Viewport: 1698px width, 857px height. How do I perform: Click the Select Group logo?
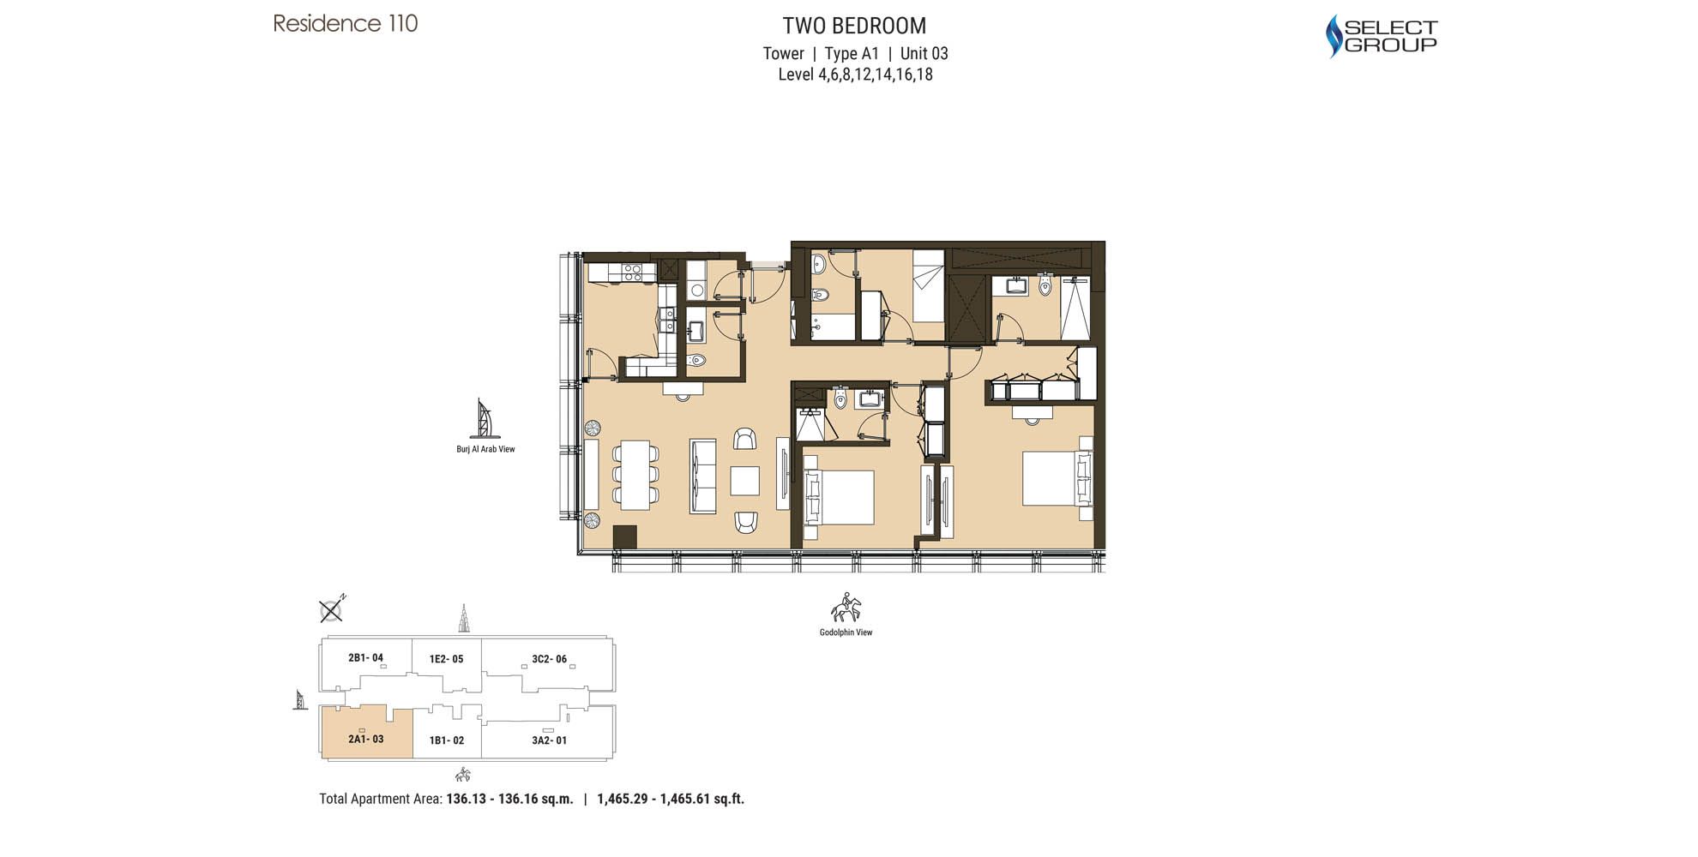(x=1381, y=36)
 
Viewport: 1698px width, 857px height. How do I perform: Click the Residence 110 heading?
(x=346, y=23)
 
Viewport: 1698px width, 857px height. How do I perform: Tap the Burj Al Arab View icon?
(x=485, y=418)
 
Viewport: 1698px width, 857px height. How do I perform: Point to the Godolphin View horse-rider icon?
(x=846, y=608)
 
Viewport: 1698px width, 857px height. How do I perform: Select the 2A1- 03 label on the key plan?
(x=366, y=739)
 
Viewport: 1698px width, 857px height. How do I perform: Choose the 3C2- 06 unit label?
(x=549, y=659)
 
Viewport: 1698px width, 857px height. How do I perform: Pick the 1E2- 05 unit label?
(x=446, y=659)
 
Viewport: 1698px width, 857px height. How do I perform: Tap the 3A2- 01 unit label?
(x=549, y=740)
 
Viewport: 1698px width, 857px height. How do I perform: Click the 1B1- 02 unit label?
(x=447, y=740)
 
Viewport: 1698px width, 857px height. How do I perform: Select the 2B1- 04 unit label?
(x=365, y=658)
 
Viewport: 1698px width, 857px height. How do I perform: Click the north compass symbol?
(x=332, y=609)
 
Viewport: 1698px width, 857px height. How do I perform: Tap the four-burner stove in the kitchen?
(x=633, y=273)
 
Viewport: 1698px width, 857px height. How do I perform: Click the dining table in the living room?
(x=635, y=474)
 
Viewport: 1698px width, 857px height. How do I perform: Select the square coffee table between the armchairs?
(x=744, y=481)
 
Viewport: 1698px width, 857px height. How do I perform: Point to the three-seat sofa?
(x=703, y=476)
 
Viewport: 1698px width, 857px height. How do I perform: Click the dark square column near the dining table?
(x=625, y=536)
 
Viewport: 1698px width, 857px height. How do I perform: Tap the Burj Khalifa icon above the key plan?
(x=464, y=618)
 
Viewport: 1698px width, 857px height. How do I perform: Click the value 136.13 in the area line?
(x=467, y=799)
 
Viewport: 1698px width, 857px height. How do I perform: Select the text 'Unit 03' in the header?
(x=924, y=53)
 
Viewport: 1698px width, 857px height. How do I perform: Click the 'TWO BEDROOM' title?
(x=854, y=26)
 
